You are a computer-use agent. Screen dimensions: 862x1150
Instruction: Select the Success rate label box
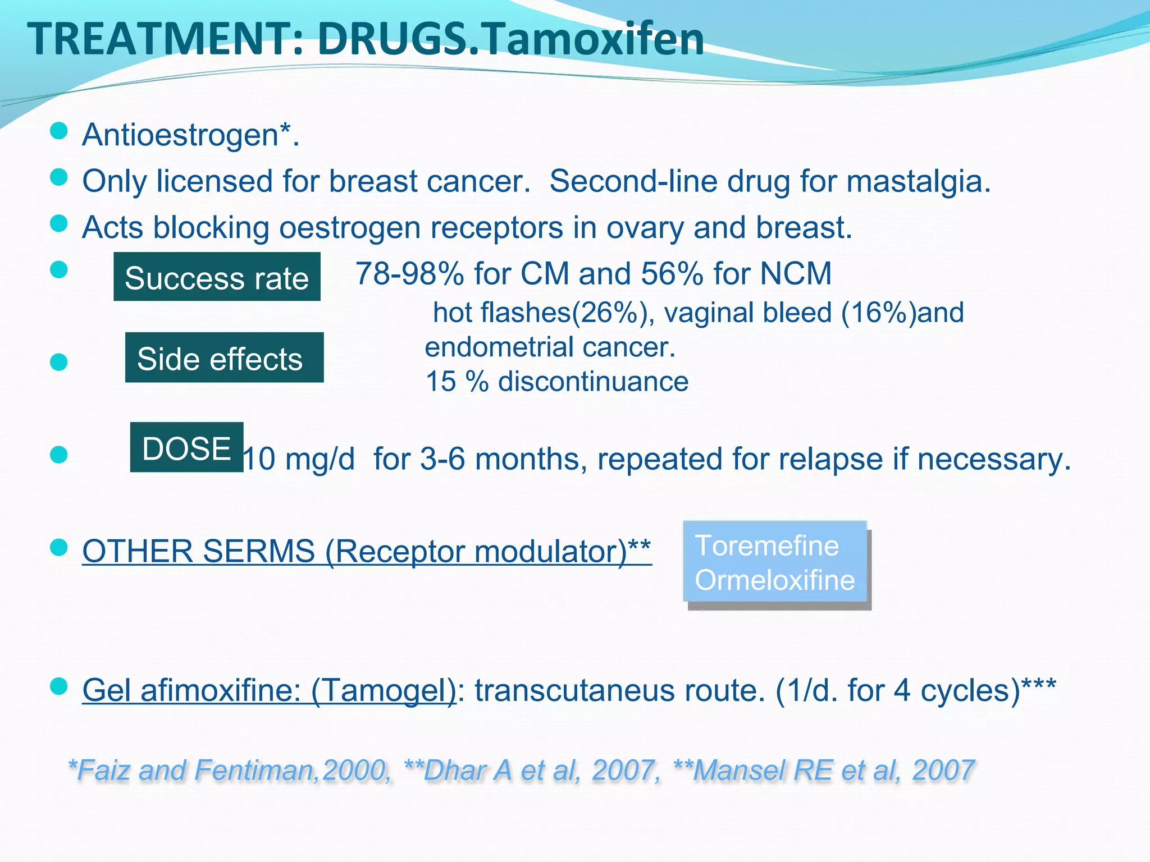[217, 277]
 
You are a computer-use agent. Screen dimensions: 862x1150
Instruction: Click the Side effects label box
[224, 358]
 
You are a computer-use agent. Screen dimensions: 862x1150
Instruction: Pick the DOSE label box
[186, 448]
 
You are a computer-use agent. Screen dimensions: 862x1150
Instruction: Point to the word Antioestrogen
[180, 135]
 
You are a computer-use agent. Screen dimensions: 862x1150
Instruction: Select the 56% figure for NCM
[672, 274]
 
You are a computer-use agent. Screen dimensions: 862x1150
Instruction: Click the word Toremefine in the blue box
[766, 545]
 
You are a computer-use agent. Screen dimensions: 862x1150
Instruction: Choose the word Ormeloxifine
[774, 580]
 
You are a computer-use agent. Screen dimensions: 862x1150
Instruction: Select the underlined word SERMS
[258, 551]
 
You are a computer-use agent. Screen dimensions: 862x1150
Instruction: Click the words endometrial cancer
[549, 347]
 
